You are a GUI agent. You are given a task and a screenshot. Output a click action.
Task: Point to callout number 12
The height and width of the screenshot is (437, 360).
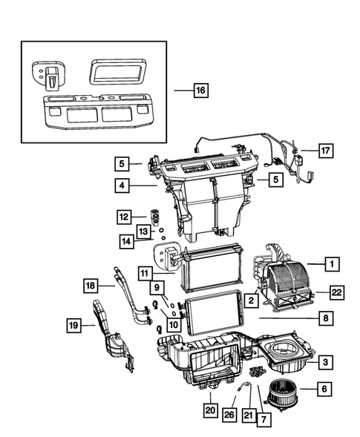(122, 217)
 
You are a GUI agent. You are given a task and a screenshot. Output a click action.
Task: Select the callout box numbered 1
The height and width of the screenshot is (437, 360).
(333, 263)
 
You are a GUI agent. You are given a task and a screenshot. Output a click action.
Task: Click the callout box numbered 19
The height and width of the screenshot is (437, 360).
(73, 323)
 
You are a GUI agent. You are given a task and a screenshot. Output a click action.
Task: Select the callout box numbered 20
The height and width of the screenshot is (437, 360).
(210, 408)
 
